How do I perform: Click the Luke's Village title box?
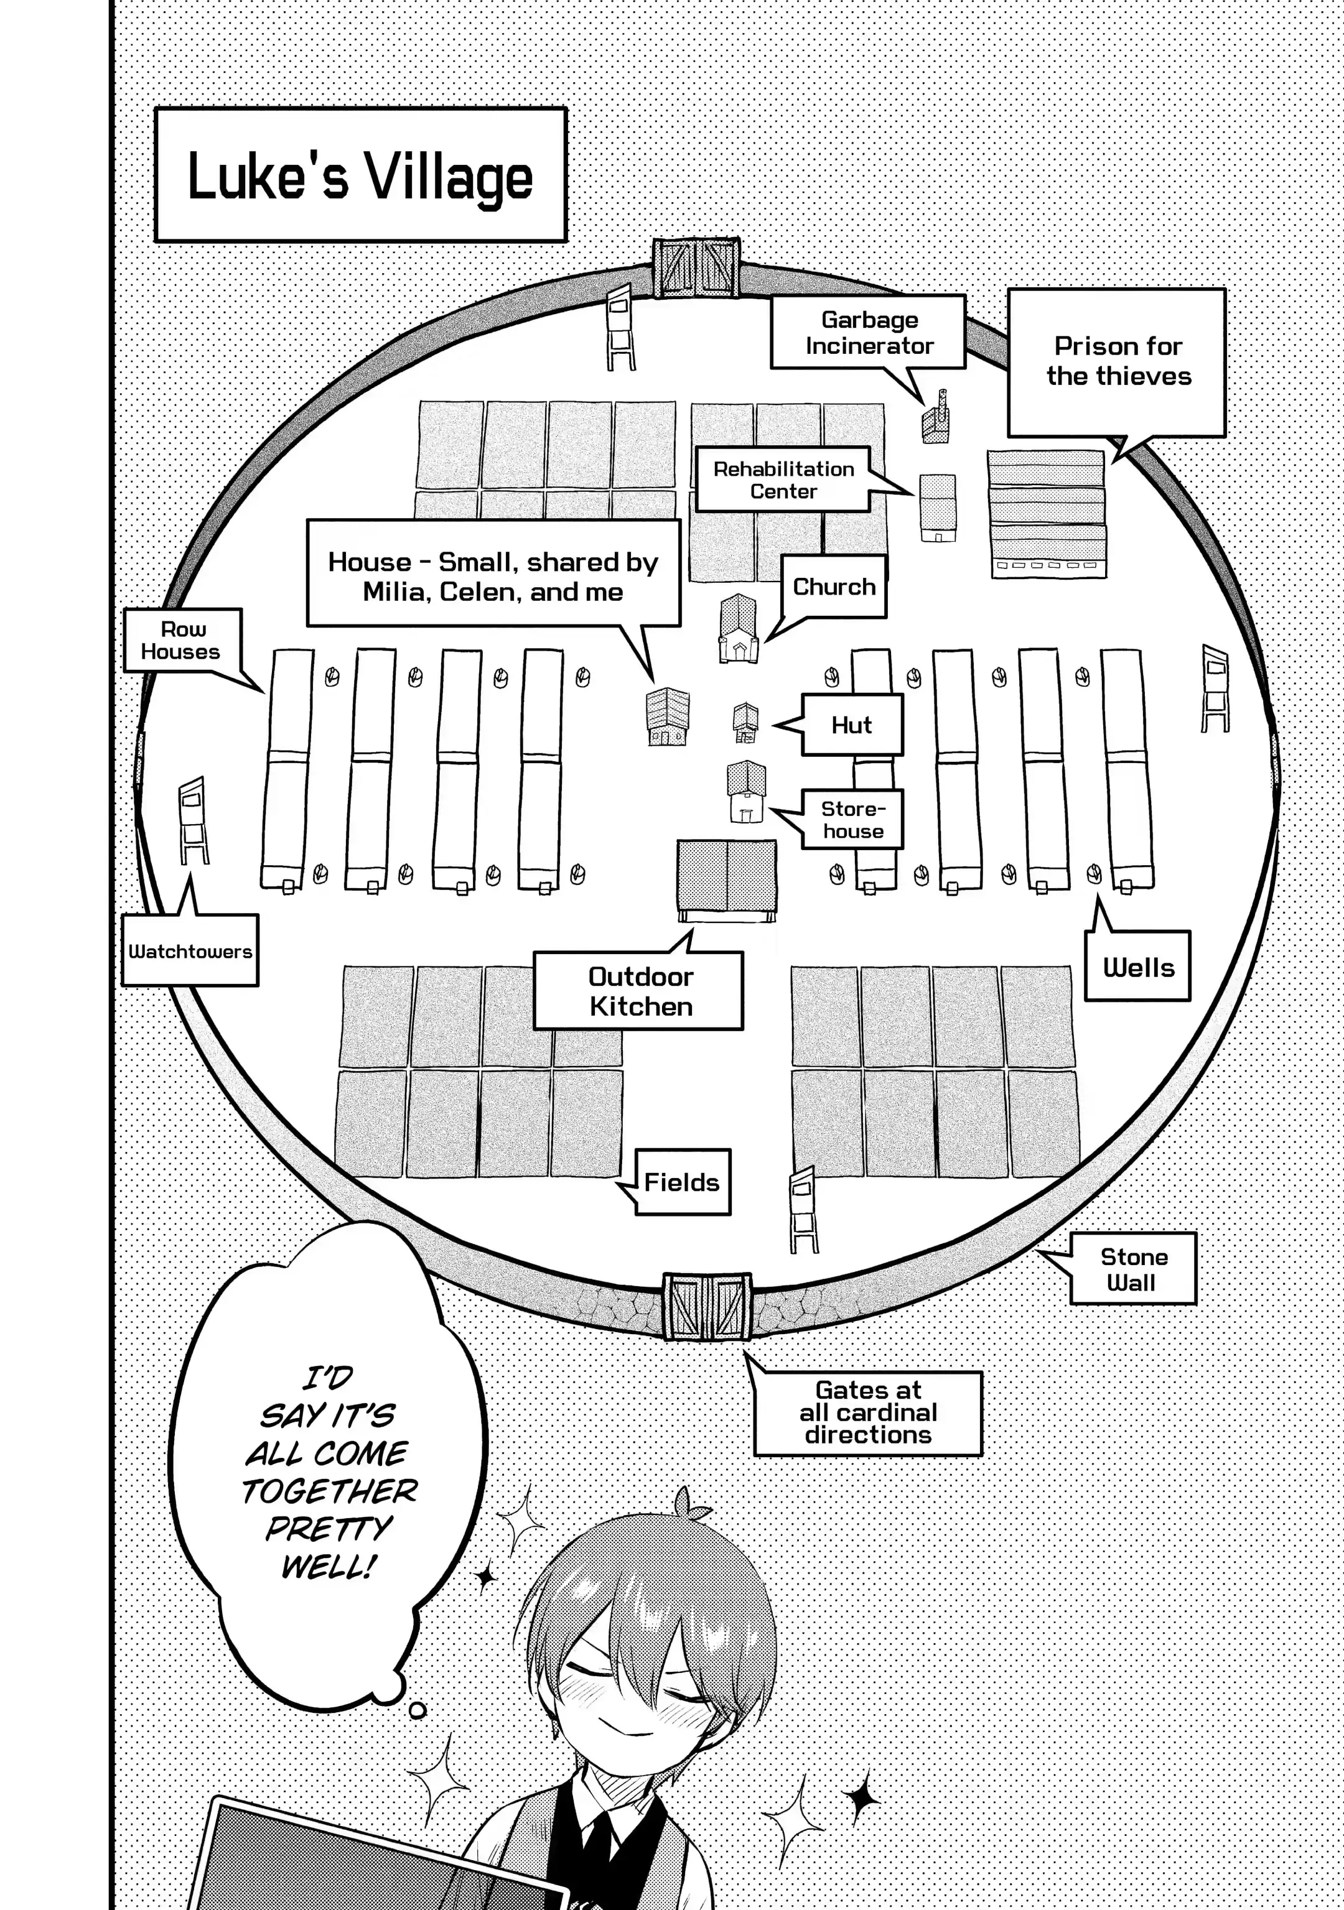pos(360,175)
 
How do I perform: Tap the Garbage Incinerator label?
pos(868,333)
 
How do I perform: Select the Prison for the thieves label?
pos(1117,362)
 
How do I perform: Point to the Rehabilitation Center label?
pos(783,480)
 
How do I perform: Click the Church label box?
pos(834,587)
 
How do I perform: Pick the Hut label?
pos(851,725)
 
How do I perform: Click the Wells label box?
pos(1137,968)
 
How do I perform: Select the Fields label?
pos(681,1182)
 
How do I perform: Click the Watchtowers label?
pos(190,952)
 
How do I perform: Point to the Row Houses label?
pos(182,641)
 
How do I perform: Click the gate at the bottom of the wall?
pos(707,1306)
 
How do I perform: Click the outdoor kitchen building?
pos(727,880)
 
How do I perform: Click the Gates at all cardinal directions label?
pos(868,1412)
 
